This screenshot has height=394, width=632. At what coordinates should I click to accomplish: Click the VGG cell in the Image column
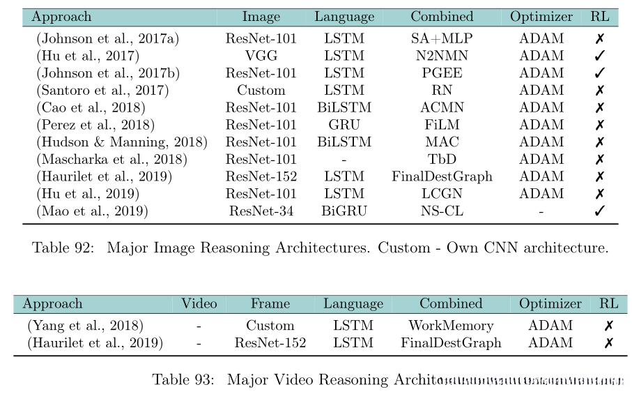click(261, 56)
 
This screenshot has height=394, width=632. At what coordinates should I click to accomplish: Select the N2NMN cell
click(441, 56)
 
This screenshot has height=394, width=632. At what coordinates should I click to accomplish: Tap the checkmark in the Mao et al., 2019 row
click(599, 211)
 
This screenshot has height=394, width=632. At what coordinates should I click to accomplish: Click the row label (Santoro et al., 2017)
click(102, 90)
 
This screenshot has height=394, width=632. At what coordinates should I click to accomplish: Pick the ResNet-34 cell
click(261, 211)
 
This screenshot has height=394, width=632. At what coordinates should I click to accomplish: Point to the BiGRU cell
click(344, 211)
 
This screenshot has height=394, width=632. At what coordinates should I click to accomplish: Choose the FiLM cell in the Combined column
click(441, 125)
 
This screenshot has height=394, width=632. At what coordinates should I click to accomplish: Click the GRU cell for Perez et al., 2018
click(344, 125)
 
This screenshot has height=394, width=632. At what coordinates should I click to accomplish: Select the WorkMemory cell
click(451, 326)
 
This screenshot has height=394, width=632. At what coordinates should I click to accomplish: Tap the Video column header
click(199, 304)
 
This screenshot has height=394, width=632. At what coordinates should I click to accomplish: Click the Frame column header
click(270, 304)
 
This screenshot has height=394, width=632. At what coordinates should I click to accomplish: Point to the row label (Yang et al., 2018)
click(86, 326)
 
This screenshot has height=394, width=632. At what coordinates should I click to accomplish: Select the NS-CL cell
click(441, 211)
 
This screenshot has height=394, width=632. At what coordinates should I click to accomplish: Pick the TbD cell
click(441, 160)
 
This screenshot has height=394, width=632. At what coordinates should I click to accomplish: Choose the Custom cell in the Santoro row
click(261, 90)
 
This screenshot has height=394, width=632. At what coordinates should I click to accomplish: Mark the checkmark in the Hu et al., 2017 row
click(599, 56)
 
